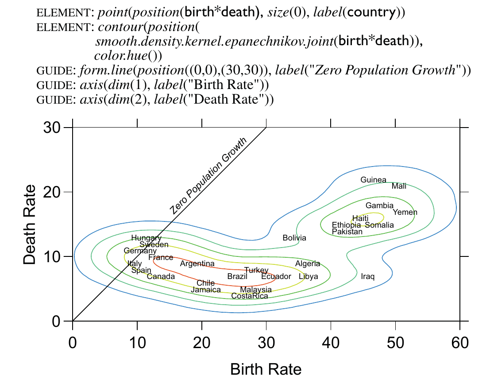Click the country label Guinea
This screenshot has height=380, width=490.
click(x=373, y=180)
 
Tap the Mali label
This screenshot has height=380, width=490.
click(x=399, y=186)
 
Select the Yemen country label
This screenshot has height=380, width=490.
click(x=405, y=212)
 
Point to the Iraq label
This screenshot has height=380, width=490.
click(x=367, y=277)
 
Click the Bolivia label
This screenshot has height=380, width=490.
click(x=294, y=238)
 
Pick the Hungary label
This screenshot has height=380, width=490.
click(x=147, y=238)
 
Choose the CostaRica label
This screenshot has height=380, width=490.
click(x=250, y=296)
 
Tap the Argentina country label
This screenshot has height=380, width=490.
click(x=197, y=264)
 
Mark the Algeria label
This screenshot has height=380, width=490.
click(x=308, y=264)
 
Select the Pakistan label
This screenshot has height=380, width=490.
click(x=347, y=232)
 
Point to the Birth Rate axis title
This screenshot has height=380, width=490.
click(x=266, y=369)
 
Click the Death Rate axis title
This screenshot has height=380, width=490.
click(x=30, y=224)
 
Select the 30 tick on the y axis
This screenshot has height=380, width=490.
click(x=52, y=128)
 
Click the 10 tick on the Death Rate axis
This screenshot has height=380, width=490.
click(x=52, y=257)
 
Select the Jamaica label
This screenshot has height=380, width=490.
click(x=206, y=290)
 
